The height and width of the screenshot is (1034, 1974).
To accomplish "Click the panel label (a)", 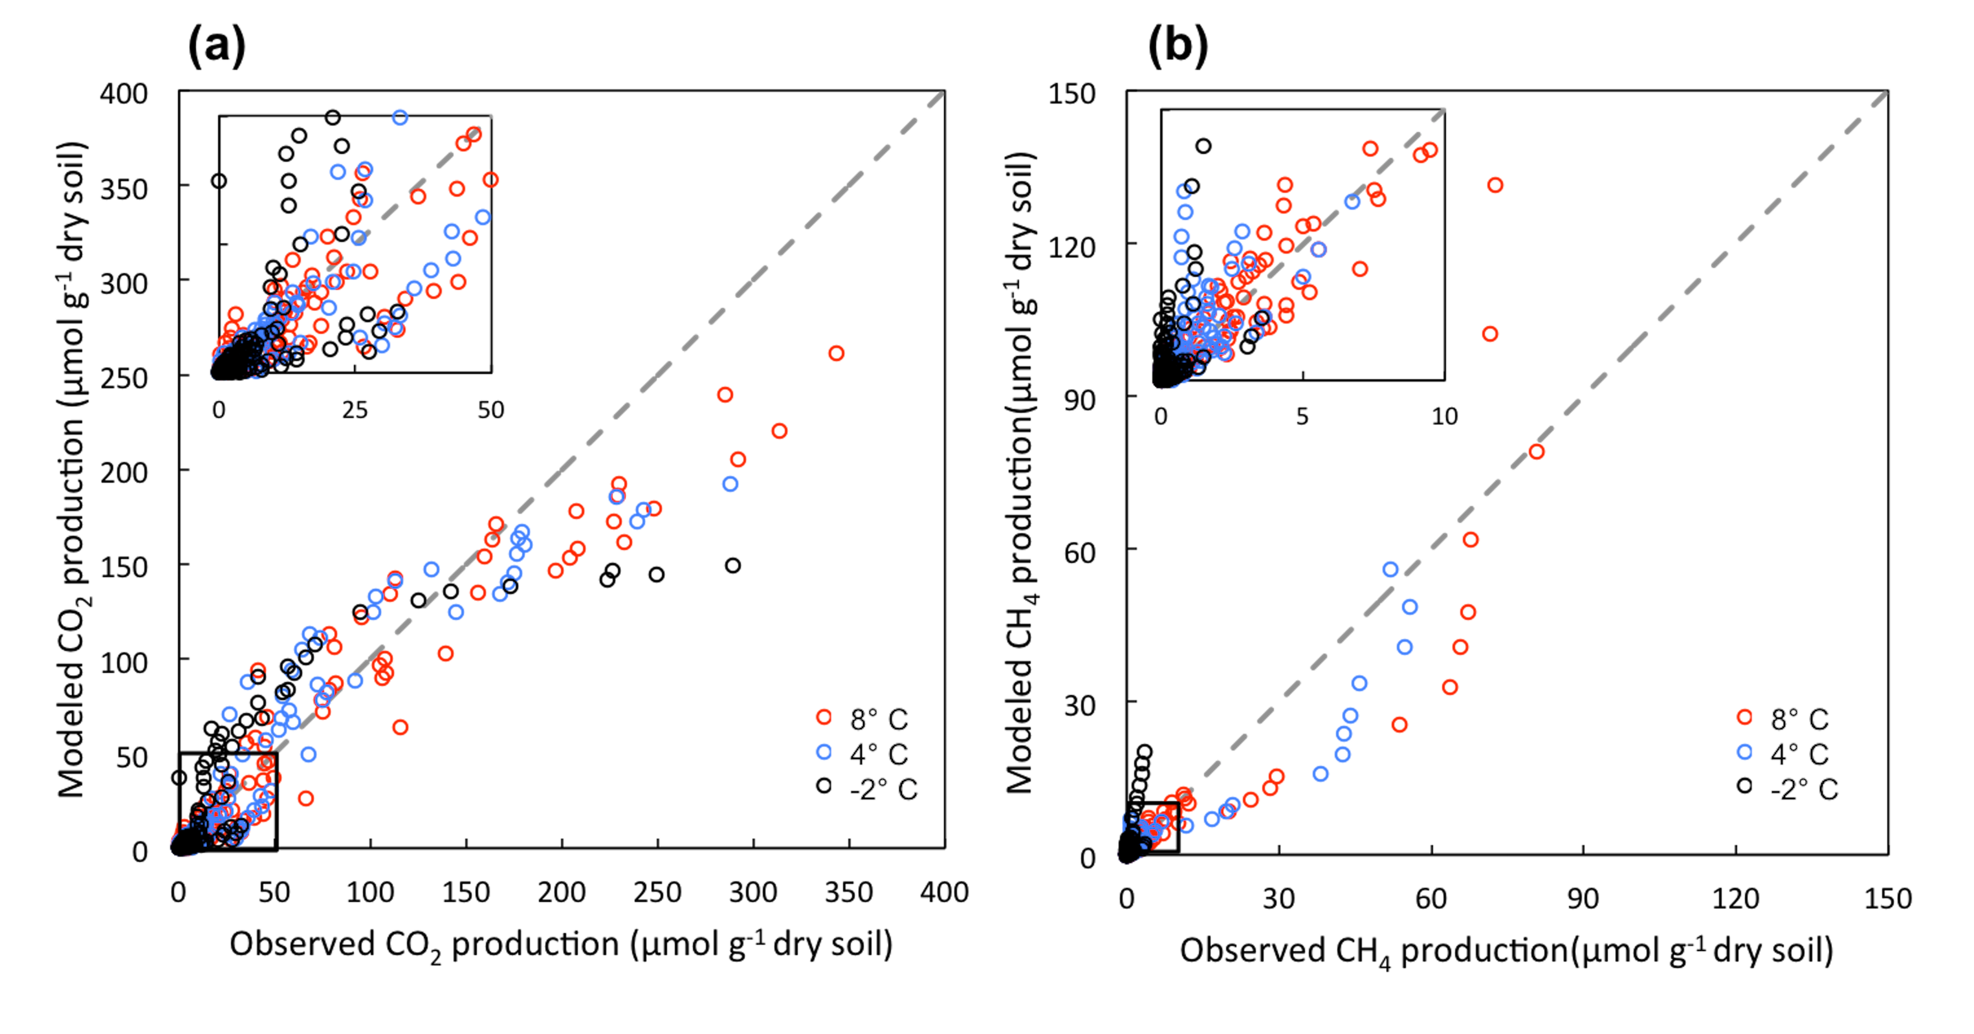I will (217, 45).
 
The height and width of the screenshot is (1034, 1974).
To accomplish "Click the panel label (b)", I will (1178, 45).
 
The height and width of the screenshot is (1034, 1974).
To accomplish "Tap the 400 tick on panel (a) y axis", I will (124, 94).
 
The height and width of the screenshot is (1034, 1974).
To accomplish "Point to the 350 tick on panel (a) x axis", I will (848, 892).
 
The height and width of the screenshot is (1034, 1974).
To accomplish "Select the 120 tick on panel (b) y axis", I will (1072, 247).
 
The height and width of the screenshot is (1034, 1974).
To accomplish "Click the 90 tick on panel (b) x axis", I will (1583, 898).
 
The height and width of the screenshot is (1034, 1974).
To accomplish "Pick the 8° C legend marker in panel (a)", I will (824, 718).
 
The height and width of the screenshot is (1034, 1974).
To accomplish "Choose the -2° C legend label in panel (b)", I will (1804, 789).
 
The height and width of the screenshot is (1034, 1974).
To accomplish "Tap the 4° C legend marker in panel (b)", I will (1745, 752).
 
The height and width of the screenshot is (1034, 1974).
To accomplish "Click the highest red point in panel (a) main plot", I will (836, 353).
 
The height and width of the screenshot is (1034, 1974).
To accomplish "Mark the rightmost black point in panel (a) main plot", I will (732, 566).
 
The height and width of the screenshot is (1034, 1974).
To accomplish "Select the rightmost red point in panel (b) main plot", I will (1537, 452).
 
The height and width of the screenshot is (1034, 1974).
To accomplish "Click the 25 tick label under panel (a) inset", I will (355, 410).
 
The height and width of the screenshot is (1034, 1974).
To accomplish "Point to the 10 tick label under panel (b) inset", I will (1445, 416).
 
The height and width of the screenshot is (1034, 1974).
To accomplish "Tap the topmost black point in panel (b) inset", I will (1204, 146).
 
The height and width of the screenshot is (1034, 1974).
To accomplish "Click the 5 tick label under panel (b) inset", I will (1302, 416).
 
